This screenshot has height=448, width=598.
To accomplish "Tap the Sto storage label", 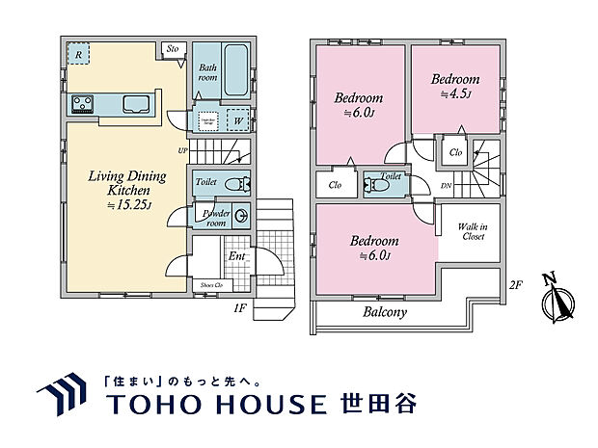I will pyautogui.click(x=174, y=48).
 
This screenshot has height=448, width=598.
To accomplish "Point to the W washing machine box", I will pyautogui.click(x=237, y=120).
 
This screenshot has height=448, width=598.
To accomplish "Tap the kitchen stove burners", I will pyautogui.click(x=80, y=103).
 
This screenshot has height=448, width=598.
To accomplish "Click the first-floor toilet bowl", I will pyautogui.click(x=234, y=183).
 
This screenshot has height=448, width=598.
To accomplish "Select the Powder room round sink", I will pyautogui.click(x=242, y=217).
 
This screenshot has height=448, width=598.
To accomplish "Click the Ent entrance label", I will pyautogui.click(x=236, y=255).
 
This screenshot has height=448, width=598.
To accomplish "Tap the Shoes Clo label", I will pyautogui.click(x=211, y=285).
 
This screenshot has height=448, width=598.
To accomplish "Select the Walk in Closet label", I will pyautogui.click(x=472, y=231).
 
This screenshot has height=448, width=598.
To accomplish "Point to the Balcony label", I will pyautogui.click(x=385, y=312).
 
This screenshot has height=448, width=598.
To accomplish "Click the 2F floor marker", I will pyautogui.click(x=515, y=284).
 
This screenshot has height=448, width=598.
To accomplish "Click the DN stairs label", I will pyautogui.click(x=446, y=186).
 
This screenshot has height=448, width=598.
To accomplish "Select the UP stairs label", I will pyautogui.click(x=182, y=151).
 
